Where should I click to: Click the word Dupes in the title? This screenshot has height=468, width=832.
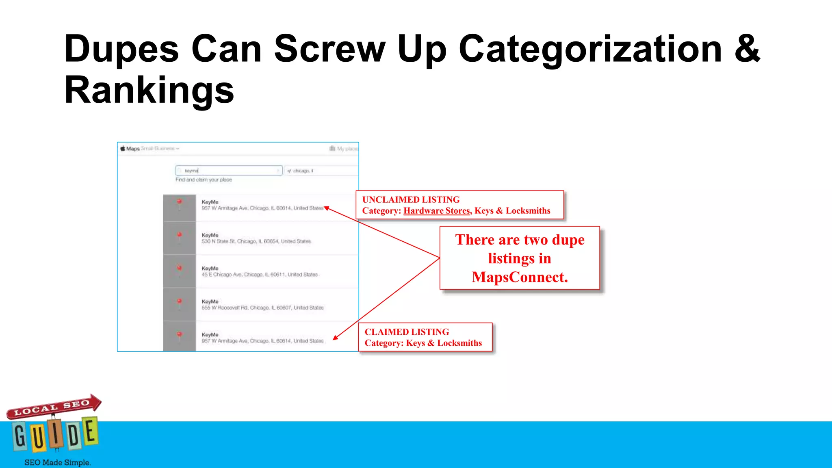[x=121, y=50]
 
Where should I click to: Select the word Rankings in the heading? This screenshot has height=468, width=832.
[x=149, y=90]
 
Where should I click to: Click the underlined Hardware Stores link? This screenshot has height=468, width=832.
[x=436, y=211]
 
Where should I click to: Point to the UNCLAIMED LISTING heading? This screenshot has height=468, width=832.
[x=411, y=199]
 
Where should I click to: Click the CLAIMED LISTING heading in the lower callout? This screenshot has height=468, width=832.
[x=407, y=332]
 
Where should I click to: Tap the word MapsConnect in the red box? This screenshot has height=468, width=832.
[x=520, y=277]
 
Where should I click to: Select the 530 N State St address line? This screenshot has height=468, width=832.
[x=256, y=241]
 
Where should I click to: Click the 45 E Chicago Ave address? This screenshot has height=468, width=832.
[x=260, y=275]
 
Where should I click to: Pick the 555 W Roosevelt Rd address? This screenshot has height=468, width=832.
[x=262, y=308]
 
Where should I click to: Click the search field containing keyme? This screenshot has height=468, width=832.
[x=229, y=171]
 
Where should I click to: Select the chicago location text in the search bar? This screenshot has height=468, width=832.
[x=303, y=171]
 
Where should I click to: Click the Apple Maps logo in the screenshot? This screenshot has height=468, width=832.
[x=130, y=149]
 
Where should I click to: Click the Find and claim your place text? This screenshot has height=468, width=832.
[x=204, y=180]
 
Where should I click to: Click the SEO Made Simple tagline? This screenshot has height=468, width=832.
[x=57, y=462]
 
